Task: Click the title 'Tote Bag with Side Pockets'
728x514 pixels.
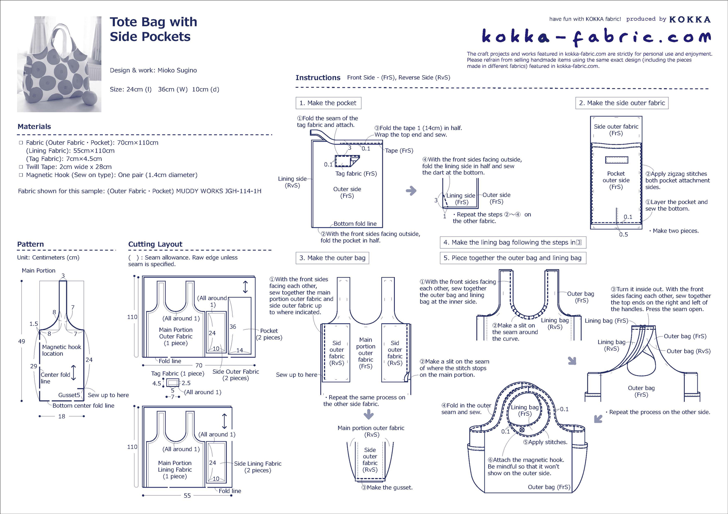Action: pos(153,29)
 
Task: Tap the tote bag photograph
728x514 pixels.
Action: pos(59,64)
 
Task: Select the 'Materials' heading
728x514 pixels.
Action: pos(34,127)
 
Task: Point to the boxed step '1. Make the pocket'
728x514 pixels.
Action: pos(328,103)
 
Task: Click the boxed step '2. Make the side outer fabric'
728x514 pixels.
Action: pos(621,103)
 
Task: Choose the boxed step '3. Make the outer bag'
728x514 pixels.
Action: pos(332,258)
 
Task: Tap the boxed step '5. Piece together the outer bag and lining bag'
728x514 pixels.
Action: pos(513,258)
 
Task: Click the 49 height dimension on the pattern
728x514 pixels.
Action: pos(21,341)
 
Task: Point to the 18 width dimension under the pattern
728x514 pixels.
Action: pos(62,416)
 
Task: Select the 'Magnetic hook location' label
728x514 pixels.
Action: pos(61,350)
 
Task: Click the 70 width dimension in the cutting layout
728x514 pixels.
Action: pos(199,366)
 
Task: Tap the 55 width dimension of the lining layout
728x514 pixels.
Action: pos(187,496)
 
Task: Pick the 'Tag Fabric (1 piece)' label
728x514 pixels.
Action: pos(178,373)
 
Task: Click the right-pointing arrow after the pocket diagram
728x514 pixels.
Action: pos(411,191)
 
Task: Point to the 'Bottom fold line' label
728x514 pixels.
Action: pos(355,224)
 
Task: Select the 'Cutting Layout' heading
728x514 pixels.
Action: pos(155,244)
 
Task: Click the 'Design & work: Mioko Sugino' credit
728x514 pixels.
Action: pos(153,70)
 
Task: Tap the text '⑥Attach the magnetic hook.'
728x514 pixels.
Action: pos(525,460)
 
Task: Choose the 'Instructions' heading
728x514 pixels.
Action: pos(318,77)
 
